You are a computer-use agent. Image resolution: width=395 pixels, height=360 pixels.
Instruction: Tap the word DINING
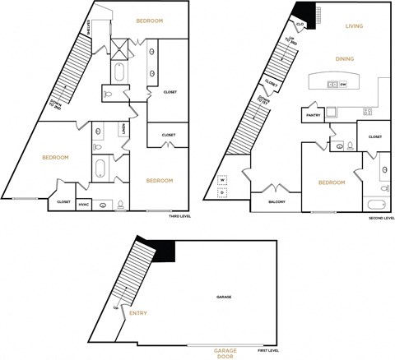point(346,58)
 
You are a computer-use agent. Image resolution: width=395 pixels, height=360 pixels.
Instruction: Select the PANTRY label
point(314,115)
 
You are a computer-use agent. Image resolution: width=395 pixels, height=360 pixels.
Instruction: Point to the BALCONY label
point(277,201)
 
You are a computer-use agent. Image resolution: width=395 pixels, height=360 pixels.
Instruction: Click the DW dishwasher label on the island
point(342,85)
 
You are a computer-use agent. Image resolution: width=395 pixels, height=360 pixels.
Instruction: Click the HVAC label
point(84,205)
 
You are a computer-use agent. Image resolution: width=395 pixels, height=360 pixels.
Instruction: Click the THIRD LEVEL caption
point(180,216)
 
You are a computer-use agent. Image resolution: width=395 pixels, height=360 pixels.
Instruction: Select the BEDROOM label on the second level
point(331,182)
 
